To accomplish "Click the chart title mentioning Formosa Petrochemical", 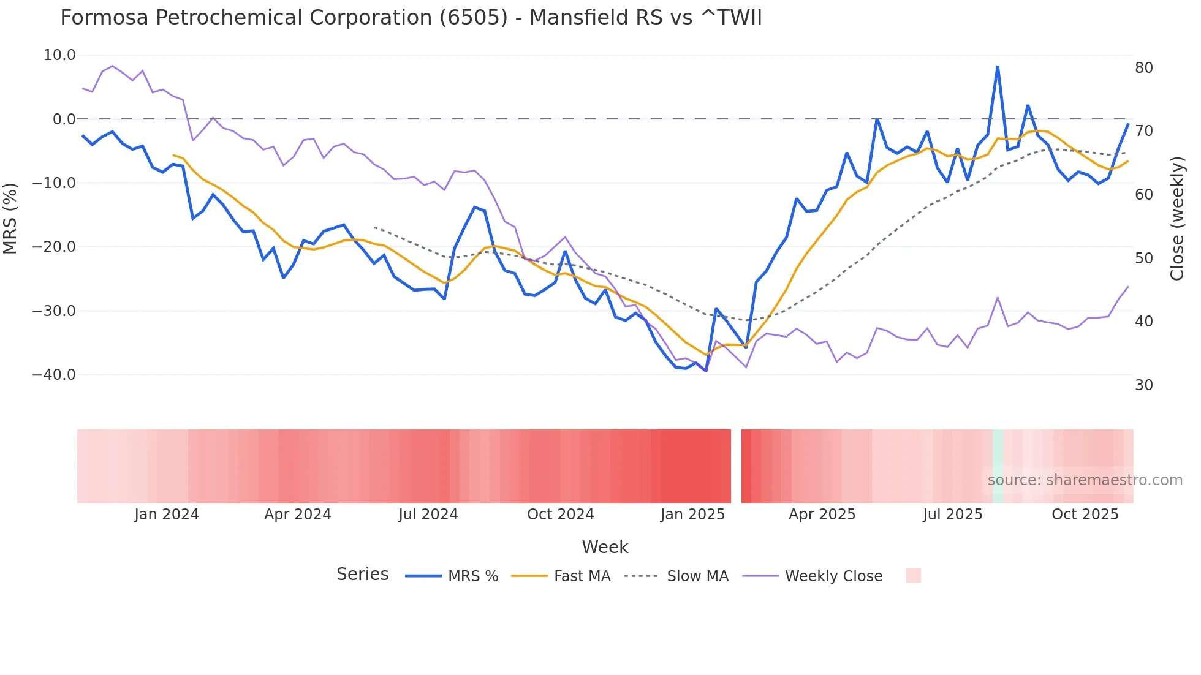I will point(411,18).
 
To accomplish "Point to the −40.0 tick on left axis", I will point(53,374).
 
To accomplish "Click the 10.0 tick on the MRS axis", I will point(59,55).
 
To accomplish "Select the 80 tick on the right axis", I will point(1144,68).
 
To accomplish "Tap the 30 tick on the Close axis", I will point(1144,385).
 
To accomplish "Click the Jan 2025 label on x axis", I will point(692,515).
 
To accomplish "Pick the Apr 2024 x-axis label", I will point(297,515).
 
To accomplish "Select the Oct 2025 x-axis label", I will point(1085,515).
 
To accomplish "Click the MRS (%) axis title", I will point(10,218).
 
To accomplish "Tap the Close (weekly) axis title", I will point(1177,218).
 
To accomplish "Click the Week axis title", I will point(605,547).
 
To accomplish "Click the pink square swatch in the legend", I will point(913,576).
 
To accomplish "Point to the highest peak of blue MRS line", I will point(998,67).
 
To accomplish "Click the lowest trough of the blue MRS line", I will point(706,371).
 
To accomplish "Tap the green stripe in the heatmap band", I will point(998,466).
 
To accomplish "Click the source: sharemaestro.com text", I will point(1085,480).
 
